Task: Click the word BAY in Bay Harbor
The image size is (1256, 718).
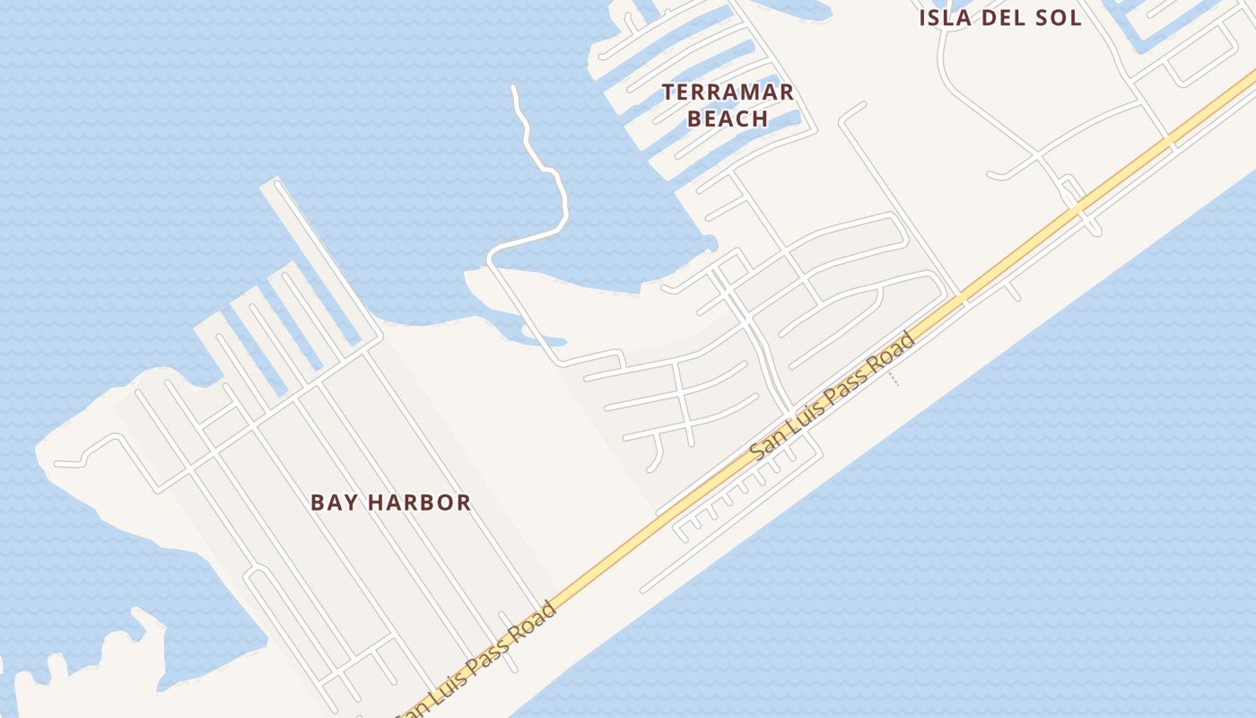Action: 331,503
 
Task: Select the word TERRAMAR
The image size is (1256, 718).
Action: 728,92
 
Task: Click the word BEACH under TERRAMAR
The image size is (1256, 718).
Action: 728,118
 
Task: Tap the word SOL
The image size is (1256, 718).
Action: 1058,18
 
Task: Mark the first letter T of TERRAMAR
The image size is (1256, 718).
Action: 668,92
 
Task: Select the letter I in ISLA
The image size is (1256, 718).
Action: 923,18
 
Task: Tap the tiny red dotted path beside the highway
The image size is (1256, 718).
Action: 893,379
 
